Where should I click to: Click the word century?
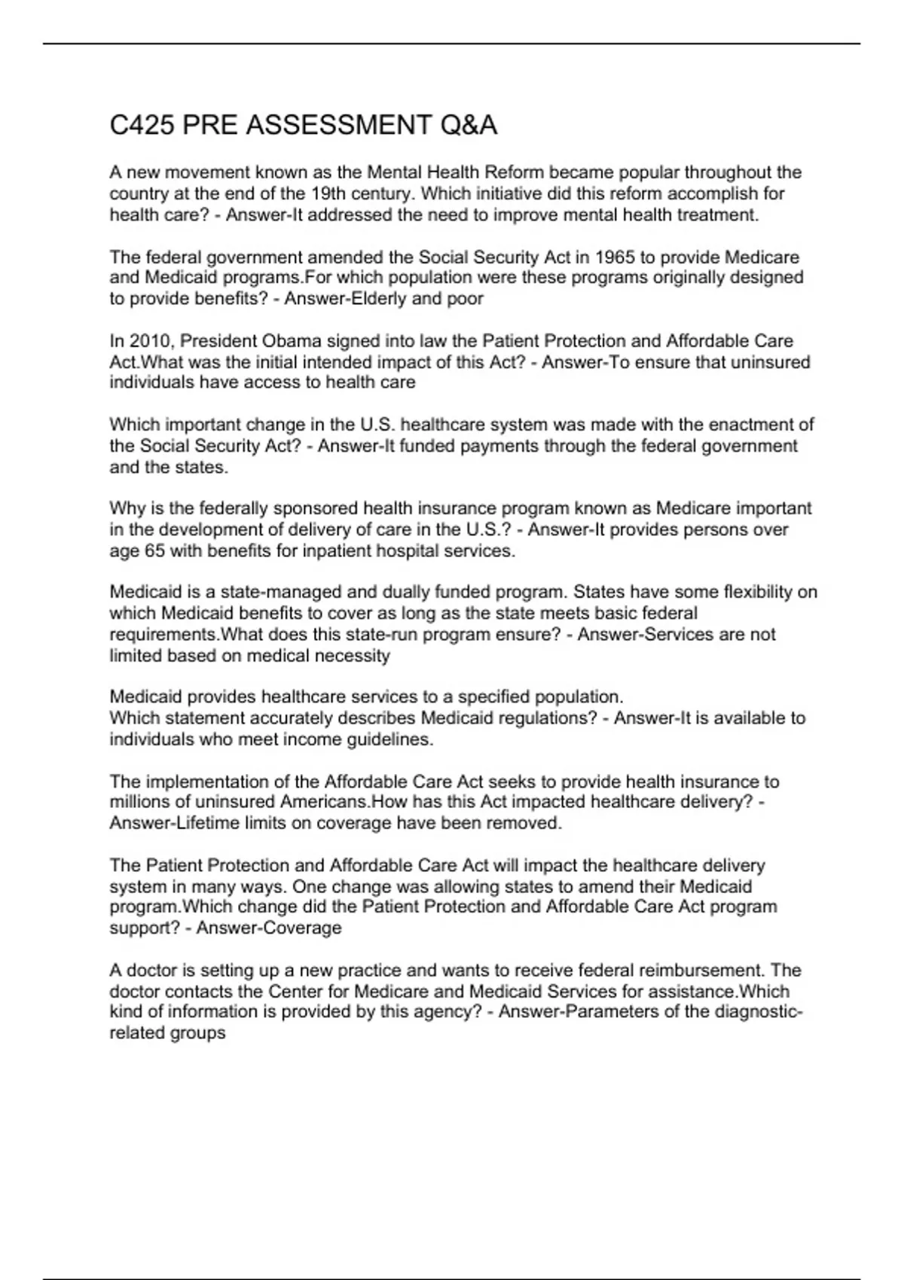[380, 194]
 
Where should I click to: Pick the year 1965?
[615, 257]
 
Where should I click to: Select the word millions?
[139, 802]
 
